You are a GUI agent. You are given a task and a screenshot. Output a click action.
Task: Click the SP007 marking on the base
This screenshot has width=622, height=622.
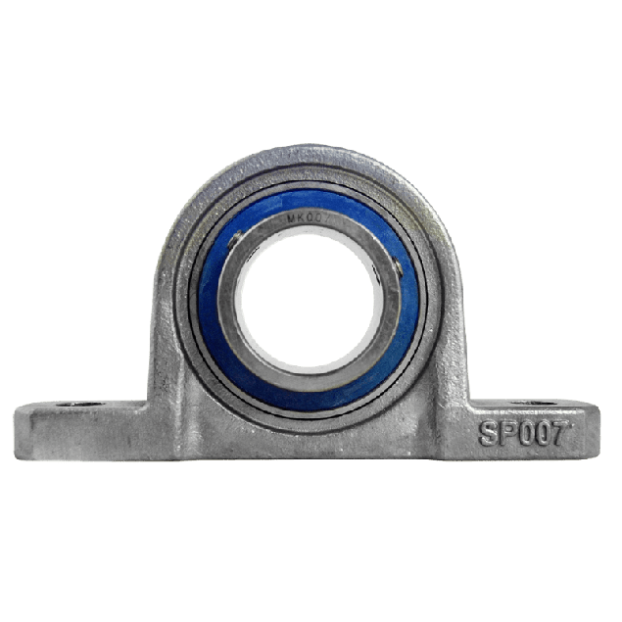[x=522, y=433]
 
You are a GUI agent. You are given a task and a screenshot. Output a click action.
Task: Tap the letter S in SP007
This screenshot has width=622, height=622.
[x=487, y=434]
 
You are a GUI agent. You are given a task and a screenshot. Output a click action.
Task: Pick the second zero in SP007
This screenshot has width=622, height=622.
[x=540, y=433]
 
